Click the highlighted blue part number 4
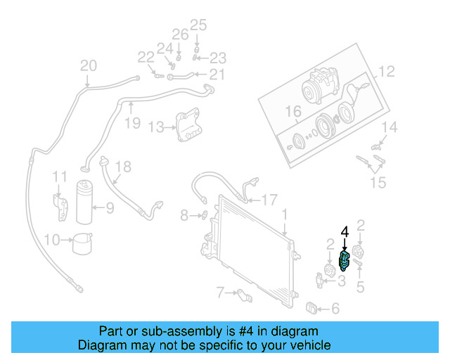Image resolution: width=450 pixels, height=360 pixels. (344, 259)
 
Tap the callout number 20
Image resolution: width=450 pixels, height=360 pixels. (88, 66)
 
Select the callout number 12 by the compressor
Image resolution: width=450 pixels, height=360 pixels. (387, 71)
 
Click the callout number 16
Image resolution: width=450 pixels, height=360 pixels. (292, 112)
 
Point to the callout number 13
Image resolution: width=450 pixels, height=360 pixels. (155, 127)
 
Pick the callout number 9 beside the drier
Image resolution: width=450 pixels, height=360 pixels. (110, 207)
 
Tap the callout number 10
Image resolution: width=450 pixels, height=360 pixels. (51, 240)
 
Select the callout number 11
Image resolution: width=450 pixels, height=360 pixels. (61, 176)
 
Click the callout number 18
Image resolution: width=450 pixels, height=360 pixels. (123, 167)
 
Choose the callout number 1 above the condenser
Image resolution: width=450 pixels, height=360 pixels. (285, 212)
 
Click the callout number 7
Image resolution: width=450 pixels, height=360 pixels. (220, 291)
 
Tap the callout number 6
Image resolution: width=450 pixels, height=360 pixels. (335, 308)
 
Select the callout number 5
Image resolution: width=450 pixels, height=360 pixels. (361, 286)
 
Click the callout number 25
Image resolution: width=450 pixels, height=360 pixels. (198, 26)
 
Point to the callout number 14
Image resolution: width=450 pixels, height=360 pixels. (390, 127)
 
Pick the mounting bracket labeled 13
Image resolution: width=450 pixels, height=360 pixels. (186, 125)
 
